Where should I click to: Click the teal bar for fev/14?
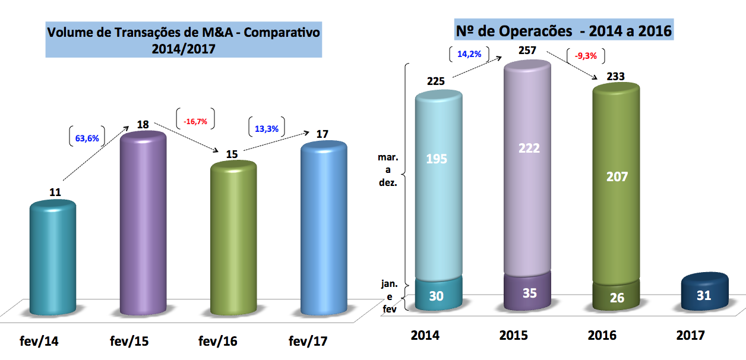click(53, 258)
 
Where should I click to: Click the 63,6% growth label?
click(87, 138)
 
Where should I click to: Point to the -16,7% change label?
click(195, 121)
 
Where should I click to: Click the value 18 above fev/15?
click(143, 125)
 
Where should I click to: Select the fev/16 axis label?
click(217, 342)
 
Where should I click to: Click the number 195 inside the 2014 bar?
click(437, 159)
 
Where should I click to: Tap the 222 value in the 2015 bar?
click(528, 148)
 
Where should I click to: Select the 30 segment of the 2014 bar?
click(437, 295)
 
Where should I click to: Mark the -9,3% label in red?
click(586, 57)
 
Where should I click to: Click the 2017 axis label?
click(691, 335)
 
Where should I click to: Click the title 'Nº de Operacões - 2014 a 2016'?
click(563, 30)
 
